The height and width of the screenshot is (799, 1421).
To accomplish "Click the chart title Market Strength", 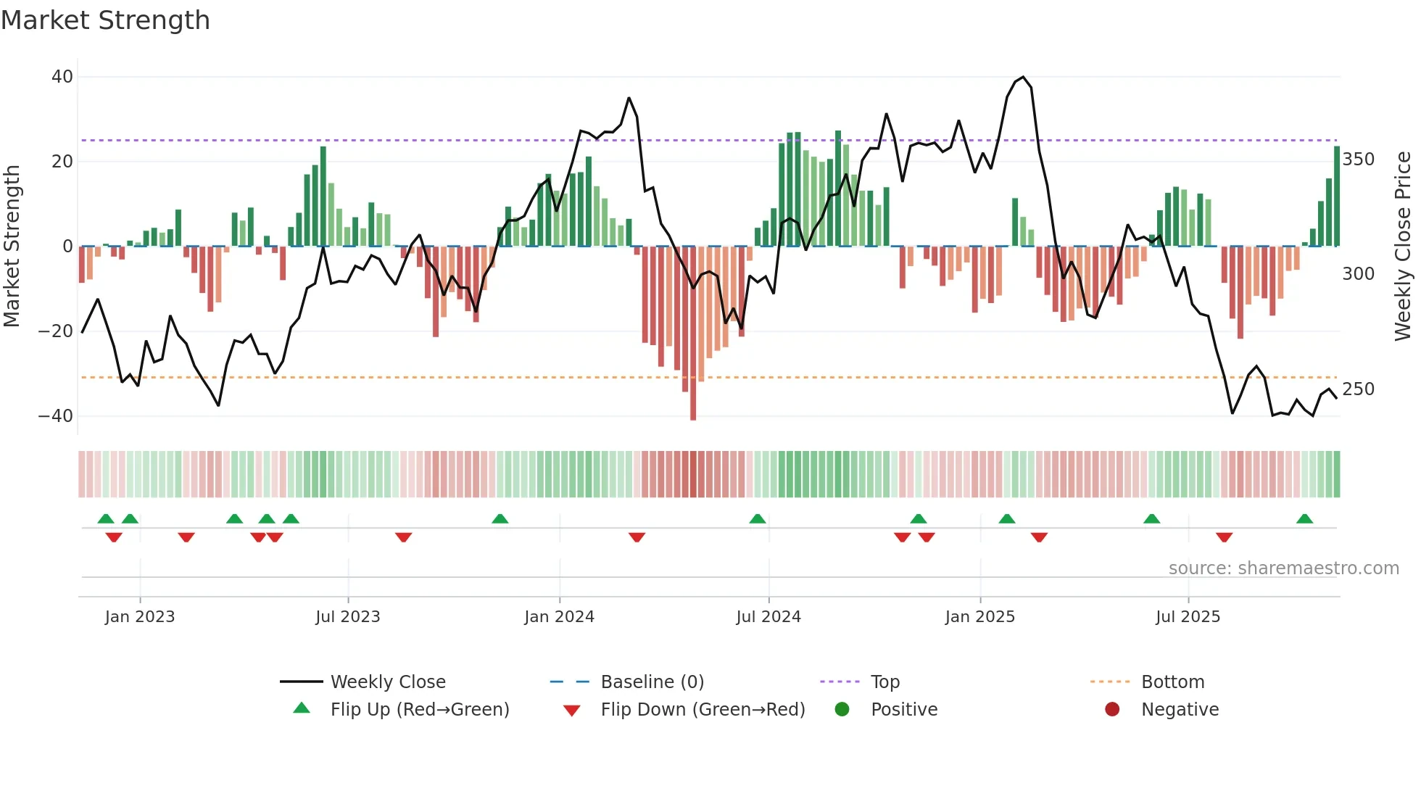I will click(x=105, y=20).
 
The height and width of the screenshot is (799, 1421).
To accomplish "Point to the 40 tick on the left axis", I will click(x=62, y=77).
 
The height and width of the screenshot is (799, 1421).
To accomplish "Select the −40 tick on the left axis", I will click(x=56, y=416).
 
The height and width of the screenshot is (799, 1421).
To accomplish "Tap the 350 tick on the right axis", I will click(x=1358, y=160).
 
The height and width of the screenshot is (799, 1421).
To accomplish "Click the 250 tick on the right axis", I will click(x=1358, y=389).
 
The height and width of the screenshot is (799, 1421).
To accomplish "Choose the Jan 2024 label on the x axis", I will click(x=559, y=617).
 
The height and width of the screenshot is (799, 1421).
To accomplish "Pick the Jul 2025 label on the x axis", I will click(x=1188, y=617).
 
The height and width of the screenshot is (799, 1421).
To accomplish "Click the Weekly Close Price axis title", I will click(x=1403, y=247).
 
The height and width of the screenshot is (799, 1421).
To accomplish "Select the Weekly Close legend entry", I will click(x=387, y=682).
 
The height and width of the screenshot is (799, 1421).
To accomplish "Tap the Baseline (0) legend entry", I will click(x=652, y=682).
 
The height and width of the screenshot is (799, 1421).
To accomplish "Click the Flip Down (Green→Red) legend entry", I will click(x=702, y=710).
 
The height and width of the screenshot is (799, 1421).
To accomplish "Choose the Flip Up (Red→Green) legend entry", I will click(x=419, y=710).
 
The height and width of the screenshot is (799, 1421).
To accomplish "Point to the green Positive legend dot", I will click(x=842, y=709).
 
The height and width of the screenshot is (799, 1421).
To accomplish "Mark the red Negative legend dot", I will click(x=1112, y=709).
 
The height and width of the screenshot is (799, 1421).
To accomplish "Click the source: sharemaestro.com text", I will click(x=1283, y=568).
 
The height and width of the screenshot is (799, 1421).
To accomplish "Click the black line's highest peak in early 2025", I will click(x=1022, y=77).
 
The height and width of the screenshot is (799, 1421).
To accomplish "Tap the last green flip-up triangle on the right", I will click(x=1304, y=518).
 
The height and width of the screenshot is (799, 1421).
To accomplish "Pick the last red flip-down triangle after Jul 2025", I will click(x=1224, y=537).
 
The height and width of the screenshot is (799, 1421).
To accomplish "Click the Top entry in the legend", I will click(x=884, y=682).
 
